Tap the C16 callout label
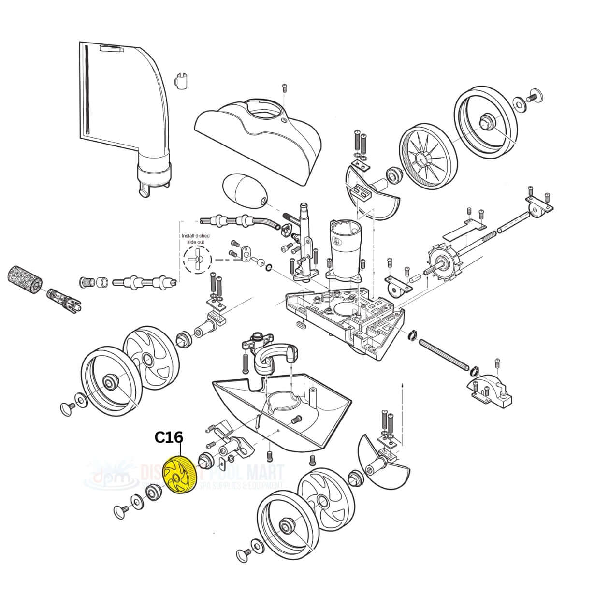pyautogui.click(x=169, y=438)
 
